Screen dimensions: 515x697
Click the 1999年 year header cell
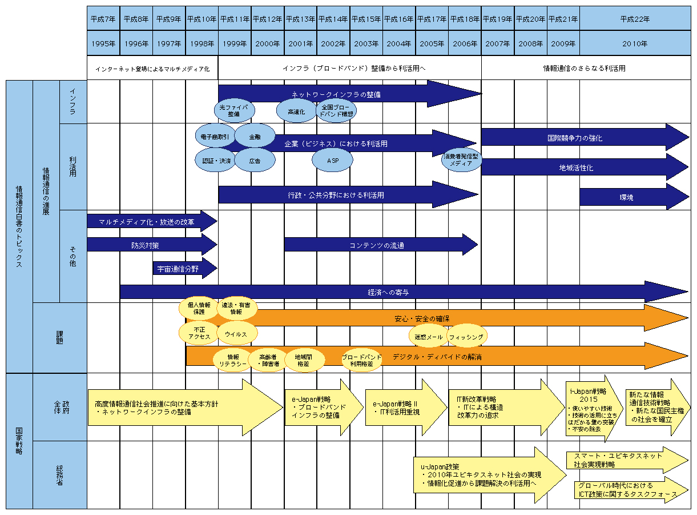(x=234, y=43)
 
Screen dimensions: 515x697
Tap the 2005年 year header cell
(x=432, y=43)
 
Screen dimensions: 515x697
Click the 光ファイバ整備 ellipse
(x=233, y=110)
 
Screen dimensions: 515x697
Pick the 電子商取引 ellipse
(x=215, y=137)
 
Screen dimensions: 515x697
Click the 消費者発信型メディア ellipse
(x=461, y=159)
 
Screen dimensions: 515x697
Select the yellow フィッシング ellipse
(x=466, y=337)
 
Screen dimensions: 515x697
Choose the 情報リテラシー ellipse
(x=233, y=360)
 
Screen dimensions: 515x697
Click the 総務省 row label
(x=60, y=474)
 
